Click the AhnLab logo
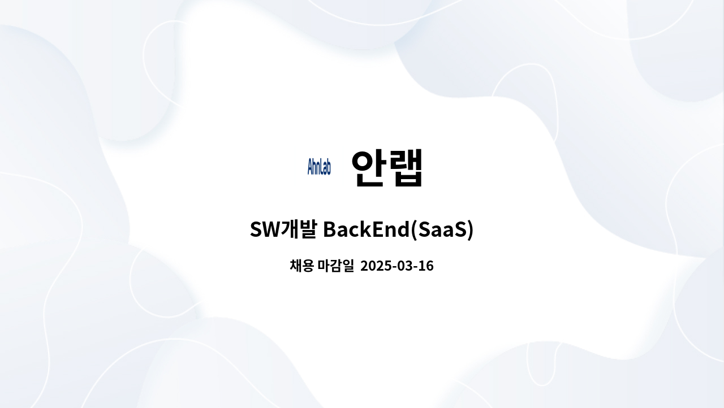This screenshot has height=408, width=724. click(x=319, y=167)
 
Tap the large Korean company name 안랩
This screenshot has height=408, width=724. click(x=387, y=167)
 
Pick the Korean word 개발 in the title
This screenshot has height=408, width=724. click(x=299, y=230)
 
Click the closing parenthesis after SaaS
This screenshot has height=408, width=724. click(x=470, y=231)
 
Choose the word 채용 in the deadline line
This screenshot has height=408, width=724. click(x=301, y=266)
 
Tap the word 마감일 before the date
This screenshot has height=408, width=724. click(x=335, y=266)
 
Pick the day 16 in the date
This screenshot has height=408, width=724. click(x=426, y=266)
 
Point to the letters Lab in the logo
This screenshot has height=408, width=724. click(x=325, y=167)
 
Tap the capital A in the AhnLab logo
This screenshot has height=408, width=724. click(x=310, y=167)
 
